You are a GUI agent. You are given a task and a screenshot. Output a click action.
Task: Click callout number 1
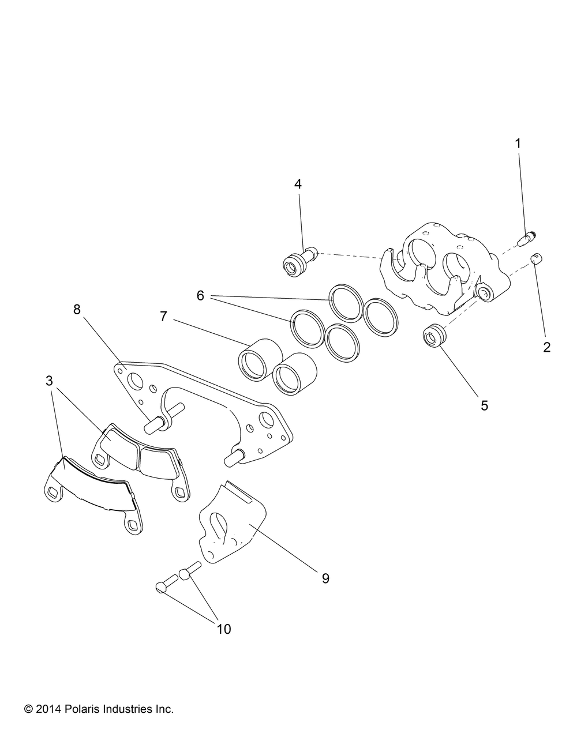(518, 144)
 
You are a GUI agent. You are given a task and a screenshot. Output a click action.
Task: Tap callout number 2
(546, 347)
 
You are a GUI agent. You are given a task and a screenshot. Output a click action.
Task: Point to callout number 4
(298, 184)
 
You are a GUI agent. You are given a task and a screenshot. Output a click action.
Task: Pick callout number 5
(484, 405)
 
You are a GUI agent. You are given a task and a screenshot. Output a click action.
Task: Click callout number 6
(200, 296)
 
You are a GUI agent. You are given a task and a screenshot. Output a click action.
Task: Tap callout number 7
(163, 316)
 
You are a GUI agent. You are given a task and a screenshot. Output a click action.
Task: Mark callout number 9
(325, 578)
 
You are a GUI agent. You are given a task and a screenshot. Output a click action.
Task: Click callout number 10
(223, 629)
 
